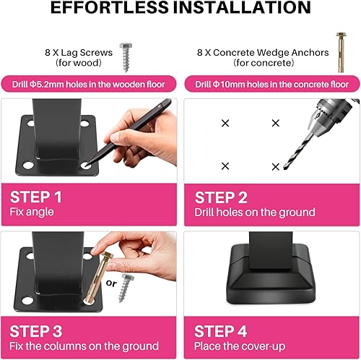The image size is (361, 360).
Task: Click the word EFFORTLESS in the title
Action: click(x=110, y=7)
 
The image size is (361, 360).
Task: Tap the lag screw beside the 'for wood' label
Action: click(x=126, y=57)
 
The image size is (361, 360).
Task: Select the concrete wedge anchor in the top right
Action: click(x=341, y=52)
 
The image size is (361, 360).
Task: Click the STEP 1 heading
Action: click(x=36, y=197)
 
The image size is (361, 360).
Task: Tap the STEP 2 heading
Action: click(x=221, y=197)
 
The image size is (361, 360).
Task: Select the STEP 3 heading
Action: click(x=36, y=331)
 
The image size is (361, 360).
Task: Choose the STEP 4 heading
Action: click(x=220, y=331)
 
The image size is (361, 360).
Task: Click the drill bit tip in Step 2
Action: click(x=284, y=168)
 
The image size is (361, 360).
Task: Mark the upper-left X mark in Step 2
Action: click(x=225, y=123)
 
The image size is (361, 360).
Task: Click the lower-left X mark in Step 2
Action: click(x=225, y=166)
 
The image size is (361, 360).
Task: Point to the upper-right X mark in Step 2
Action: click(x=276, y=123)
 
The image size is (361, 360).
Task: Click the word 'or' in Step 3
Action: click(x=111, y=283)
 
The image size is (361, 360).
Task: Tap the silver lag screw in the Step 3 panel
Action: click(x=126, y=288)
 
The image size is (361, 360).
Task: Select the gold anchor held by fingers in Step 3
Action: click(x=99, y=277)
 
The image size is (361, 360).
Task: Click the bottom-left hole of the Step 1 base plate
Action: click(x=28, y=166)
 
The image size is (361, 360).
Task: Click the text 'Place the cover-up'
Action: click(x=240, y=346)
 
